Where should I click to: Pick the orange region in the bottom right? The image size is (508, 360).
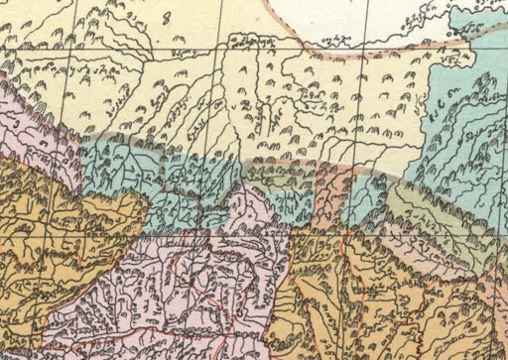tap(397, 298)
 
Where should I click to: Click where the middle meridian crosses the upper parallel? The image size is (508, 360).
tap(217, 44)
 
